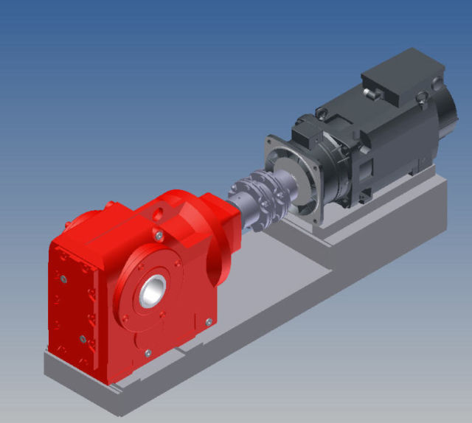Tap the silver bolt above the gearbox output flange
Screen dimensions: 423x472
(x=159, y=235)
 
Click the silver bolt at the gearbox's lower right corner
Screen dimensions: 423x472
(x=209, y=321)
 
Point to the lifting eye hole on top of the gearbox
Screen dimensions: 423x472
(x=157, y=214)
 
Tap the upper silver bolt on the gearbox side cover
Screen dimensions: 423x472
(x=64, y=278)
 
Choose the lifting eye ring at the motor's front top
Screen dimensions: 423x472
(x=322, y=111)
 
